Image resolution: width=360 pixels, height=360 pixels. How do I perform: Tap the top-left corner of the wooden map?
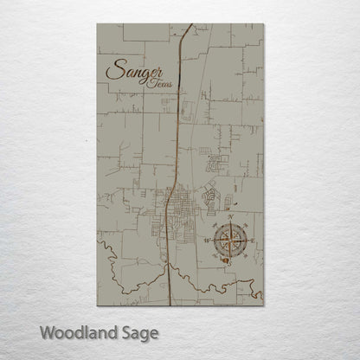point(96,24)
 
